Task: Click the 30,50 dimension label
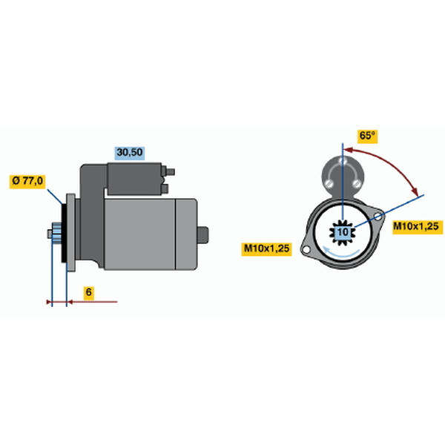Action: tap(130, 153)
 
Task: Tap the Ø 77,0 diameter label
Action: tap(27, 181)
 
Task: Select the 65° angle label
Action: tap(367, 136)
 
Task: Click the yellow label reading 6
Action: tap(89, 292)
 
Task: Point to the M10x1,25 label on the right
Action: tap(416, 226)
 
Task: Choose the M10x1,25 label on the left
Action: tap(266, 248)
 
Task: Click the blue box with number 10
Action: tap(343, 232)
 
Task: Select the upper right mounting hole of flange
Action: tap(378, 217)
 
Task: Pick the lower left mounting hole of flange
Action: tap(306, 250)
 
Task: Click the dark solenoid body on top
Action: tap(134, 179)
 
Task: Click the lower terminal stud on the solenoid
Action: tap(165, 188)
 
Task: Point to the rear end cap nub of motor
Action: tap(202, 234)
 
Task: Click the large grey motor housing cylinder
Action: tap(139, 234)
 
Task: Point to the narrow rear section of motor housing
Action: tap(186, 234)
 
